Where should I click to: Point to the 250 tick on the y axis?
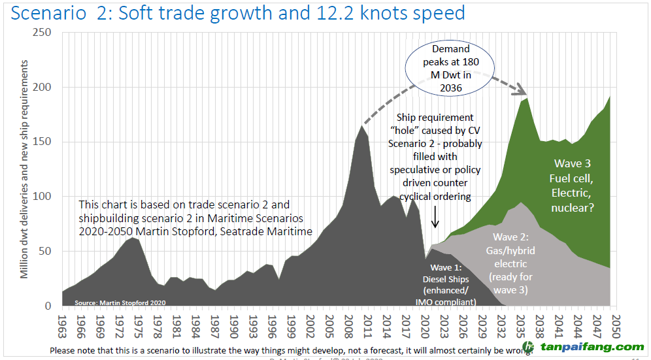tap(43, 33)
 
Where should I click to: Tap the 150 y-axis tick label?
tap(43, 142)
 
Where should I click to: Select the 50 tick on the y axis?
tap(47, 252)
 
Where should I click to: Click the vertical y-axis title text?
tap(24, 169)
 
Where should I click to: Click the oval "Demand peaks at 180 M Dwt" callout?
tap(450, 70)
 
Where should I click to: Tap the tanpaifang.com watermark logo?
tap(583, 347)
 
